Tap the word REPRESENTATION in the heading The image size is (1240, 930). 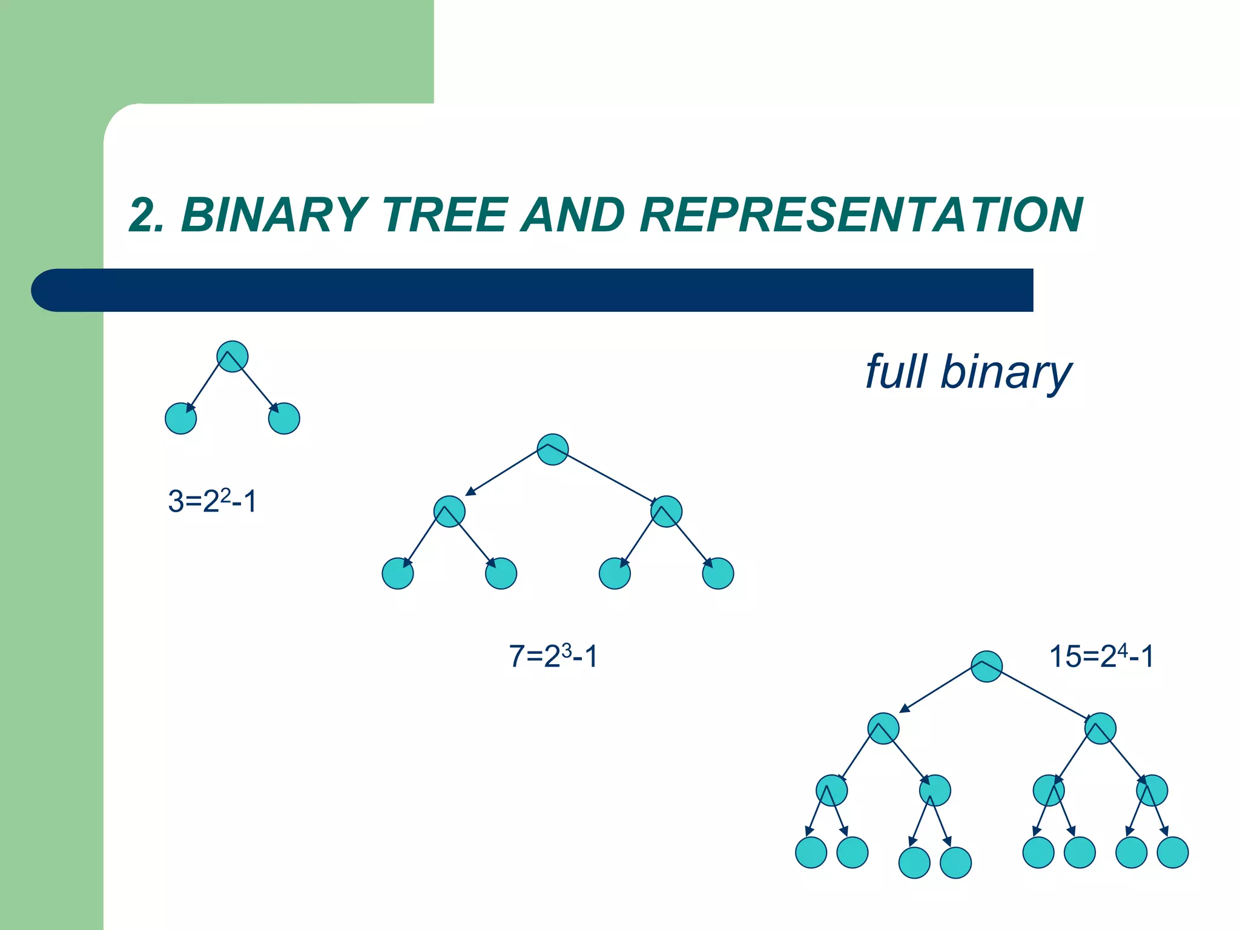click(860, 215)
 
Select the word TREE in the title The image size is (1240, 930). click(445, 215)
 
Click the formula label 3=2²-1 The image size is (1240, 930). click(213, 501)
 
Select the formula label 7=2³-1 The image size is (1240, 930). click(553, 656)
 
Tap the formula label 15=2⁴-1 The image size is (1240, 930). click(1101, 656)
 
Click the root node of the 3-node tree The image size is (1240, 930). click(232, 357)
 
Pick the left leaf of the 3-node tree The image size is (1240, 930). click(181, 418)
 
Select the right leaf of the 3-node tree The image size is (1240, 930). click(284, 418)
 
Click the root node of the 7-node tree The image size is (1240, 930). click(553, 449)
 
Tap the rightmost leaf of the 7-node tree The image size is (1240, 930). click(718, 573)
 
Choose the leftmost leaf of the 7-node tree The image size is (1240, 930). click(398, 573)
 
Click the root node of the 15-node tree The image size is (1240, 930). click(986, 667)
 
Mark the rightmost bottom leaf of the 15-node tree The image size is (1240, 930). click(1173, 852)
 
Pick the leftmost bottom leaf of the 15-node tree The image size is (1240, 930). click(811, 852)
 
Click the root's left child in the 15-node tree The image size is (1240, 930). click(883, 728)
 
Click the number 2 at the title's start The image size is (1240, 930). click(143, 215)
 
